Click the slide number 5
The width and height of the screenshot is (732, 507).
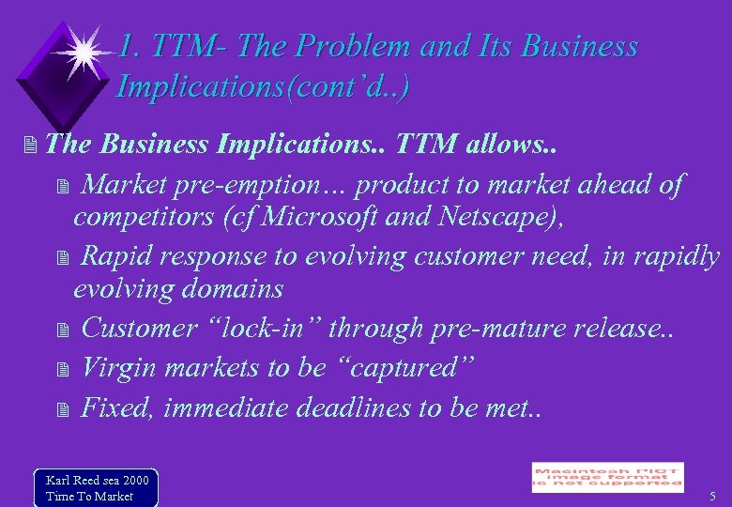pyautogui.click(x=712, y=496)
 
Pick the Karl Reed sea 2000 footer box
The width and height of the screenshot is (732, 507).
pyautogui.click(x=96, y=488)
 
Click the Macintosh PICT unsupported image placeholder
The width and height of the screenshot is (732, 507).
pyautogui.click(x=607, y=478)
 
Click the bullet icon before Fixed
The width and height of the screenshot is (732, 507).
pyautogui.click(x=63, y=409)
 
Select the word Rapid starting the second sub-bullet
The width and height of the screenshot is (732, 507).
pyautogui.click(x=119, y=256)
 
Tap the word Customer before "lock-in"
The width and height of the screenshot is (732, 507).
pyautogui.click(x=138, y=329)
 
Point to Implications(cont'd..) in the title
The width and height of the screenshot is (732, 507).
pyautogui.click(x=263, y=86)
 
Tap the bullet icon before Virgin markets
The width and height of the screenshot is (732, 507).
pyautogui.click(x=63, y=369)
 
